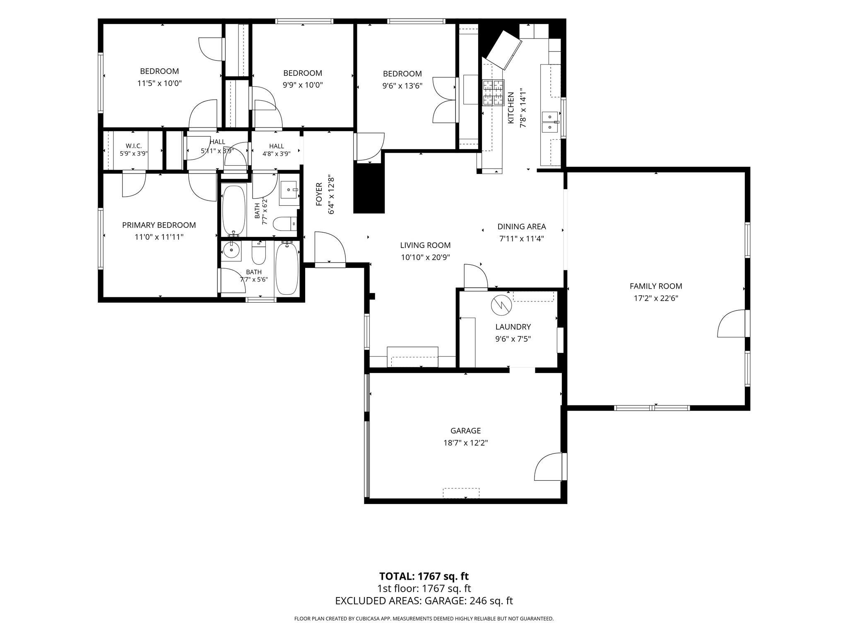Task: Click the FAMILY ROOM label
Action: tap(656, 286)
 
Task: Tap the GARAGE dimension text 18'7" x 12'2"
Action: tap(465, 443)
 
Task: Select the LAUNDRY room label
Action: tap(513, 327)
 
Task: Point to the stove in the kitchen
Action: tap(493, 92)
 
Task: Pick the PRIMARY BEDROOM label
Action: tap(159, 225)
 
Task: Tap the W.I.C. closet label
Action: tap(134, 146)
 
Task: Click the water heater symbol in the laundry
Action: tap(501, 306)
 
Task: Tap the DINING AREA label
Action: tap(522, 226)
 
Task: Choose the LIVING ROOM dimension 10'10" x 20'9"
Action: tap(425, 257)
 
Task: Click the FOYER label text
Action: tap(319, 194)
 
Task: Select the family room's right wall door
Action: tap(732, 323)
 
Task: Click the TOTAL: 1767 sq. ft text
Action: tap(424, 576)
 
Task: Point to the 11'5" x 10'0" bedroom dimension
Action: tap(159, 83)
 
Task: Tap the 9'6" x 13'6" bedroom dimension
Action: tap(402, 86)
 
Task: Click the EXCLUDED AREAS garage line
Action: tap(424, 601)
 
